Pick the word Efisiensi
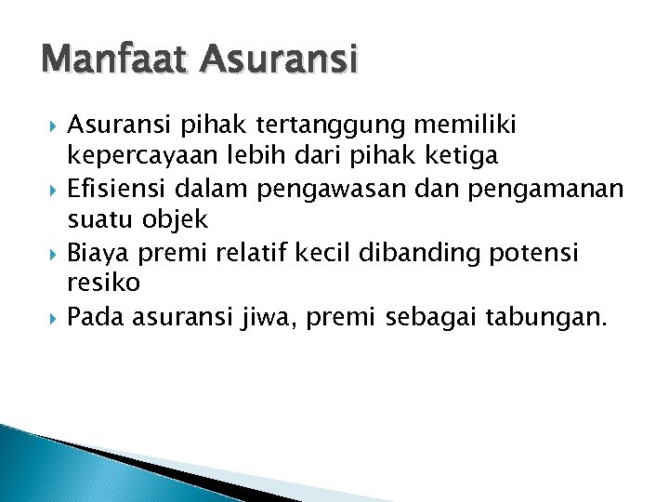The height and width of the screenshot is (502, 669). click(112, 191)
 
